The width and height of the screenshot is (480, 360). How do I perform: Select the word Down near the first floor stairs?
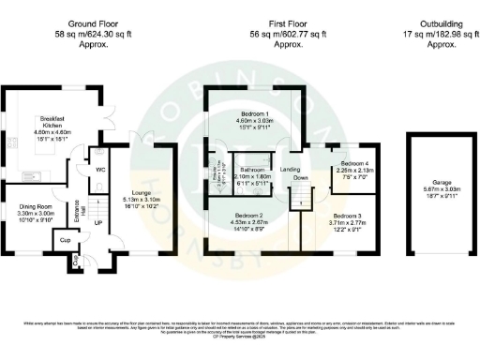click(x=300, y=177)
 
